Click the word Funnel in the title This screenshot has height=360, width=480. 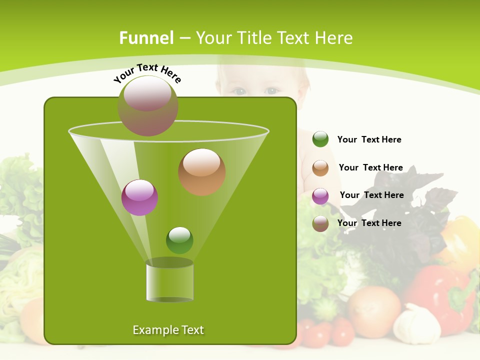(x=146, y=38)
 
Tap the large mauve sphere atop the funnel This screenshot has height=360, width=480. (x=147, y=106)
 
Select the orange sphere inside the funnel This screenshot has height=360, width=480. (x=202, y=172)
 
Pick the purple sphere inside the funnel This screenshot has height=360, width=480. (x=140, y=197)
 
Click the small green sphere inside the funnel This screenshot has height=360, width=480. (x=179, y=240)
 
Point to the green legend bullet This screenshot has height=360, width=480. (x=320, y=139)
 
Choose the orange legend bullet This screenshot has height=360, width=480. (x=320, y=167)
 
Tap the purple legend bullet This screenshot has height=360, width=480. (x=320, y=195)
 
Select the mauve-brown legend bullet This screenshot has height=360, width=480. (x=320, y=223)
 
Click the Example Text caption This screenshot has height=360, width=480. (x=168, y=330)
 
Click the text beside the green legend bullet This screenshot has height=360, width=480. (x=369, y=139)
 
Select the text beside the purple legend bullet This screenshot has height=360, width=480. (x=372, y=195)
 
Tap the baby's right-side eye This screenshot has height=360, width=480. (x=272, y=91)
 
